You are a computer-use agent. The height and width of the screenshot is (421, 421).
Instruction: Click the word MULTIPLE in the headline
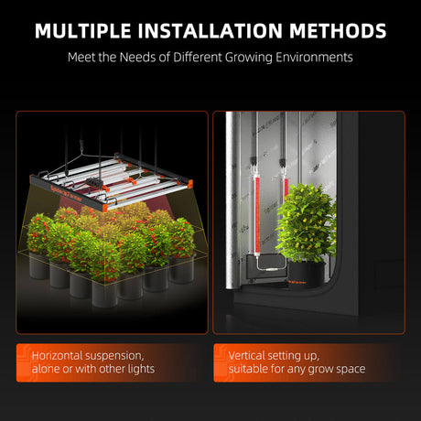(x=83, y=31)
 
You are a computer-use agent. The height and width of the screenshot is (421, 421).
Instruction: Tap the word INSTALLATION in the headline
(x=210, y=31)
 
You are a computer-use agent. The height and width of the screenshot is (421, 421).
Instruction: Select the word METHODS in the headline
(x=338, y=31)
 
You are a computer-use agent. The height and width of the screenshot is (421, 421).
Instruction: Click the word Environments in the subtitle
(x=314, y=58)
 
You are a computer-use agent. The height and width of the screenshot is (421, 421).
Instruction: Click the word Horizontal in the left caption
(x=57, y=355)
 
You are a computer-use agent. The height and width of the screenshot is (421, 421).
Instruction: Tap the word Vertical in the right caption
(x=247, y=355)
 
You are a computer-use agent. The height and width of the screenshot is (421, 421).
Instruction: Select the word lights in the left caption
(x=141, y=369)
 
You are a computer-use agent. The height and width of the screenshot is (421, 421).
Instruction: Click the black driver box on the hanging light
(x=95, y=182)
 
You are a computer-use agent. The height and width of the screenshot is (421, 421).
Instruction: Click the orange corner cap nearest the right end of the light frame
(x=190, y=184)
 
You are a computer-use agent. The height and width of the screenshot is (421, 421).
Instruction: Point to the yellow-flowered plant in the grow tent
(x=306, y=223)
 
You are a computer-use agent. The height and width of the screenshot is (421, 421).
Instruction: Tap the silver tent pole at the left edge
(x=230, y=200)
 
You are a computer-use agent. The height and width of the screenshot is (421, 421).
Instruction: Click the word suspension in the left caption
(x=114, y=356)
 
